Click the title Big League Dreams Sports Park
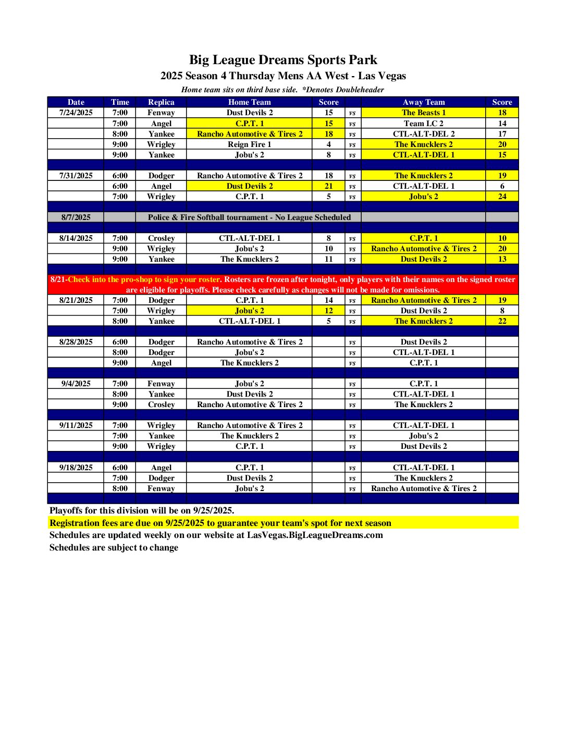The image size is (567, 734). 283,60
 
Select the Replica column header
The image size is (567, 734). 161,102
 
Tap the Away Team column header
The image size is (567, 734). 423,102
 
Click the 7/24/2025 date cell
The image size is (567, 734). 76,113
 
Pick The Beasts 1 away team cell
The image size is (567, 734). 423,113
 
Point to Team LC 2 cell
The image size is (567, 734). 423,124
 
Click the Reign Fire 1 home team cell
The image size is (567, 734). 249,144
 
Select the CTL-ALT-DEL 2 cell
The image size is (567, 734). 423,134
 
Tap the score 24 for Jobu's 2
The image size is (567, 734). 502,197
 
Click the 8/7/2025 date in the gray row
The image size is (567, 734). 76,217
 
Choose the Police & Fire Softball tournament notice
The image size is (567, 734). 249,217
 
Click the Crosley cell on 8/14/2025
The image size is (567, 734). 161,238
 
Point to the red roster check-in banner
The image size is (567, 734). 283,285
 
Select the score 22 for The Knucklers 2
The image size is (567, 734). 502,321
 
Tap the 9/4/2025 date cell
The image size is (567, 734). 76,384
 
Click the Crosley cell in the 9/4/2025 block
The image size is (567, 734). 161,405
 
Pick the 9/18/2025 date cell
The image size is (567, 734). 76,468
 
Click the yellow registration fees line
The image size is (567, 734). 220,523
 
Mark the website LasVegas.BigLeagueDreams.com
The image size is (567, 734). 315,535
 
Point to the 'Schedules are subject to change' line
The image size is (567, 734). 114,547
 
